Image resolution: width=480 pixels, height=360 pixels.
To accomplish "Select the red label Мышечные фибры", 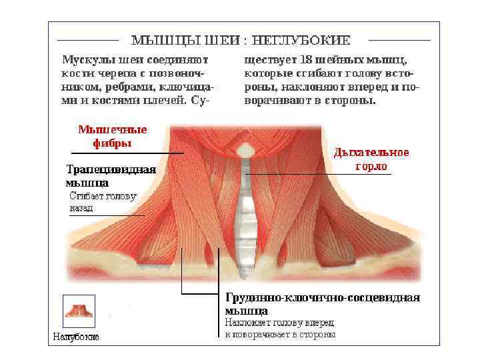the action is (113, 136).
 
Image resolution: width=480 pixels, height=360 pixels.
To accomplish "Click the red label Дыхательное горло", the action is (371, 159).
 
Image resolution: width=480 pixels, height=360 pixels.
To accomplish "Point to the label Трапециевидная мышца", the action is (111, 175).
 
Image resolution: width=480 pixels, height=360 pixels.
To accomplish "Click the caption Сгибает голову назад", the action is (103, 202).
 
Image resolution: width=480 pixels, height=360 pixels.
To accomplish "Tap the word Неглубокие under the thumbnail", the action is (76, 337).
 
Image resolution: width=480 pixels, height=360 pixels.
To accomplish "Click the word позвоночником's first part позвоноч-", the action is (179, 73).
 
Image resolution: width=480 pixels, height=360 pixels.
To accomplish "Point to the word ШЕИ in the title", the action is (223, 40).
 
